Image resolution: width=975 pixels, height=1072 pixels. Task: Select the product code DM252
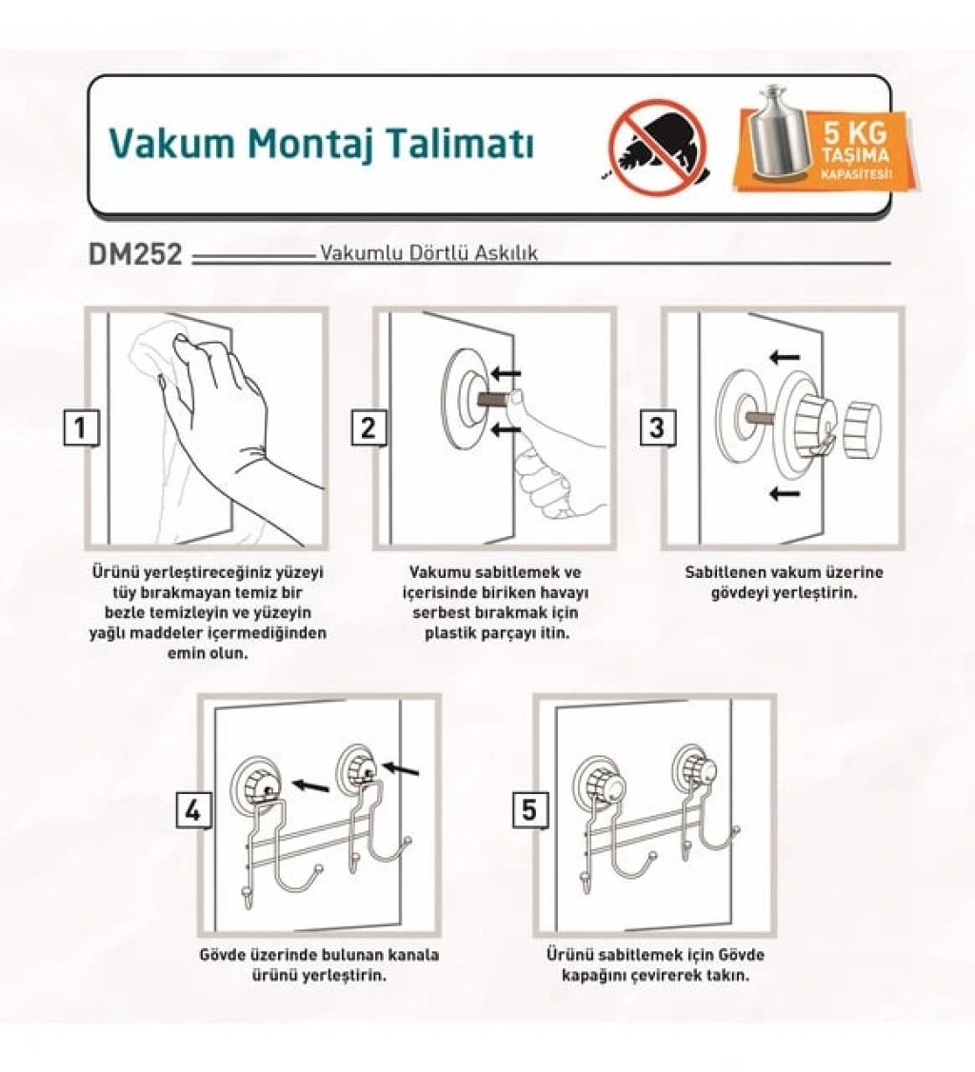135,254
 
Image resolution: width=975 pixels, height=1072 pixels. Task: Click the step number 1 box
81,428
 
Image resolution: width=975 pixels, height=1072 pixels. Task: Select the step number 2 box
368,428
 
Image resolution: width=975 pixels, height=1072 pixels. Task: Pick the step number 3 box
657,428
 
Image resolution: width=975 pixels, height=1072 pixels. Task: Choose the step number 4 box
193,811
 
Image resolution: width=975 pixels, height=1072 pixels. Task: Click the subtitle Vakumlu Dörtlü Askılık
429,253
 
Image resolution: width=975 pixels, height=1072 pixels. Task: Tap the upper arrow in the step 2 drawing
506,374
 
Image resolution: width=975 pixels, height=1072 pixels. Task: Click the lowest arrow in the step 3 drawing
785,493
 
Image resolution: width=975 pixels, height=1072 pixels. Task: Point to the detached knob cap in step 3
863,430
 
